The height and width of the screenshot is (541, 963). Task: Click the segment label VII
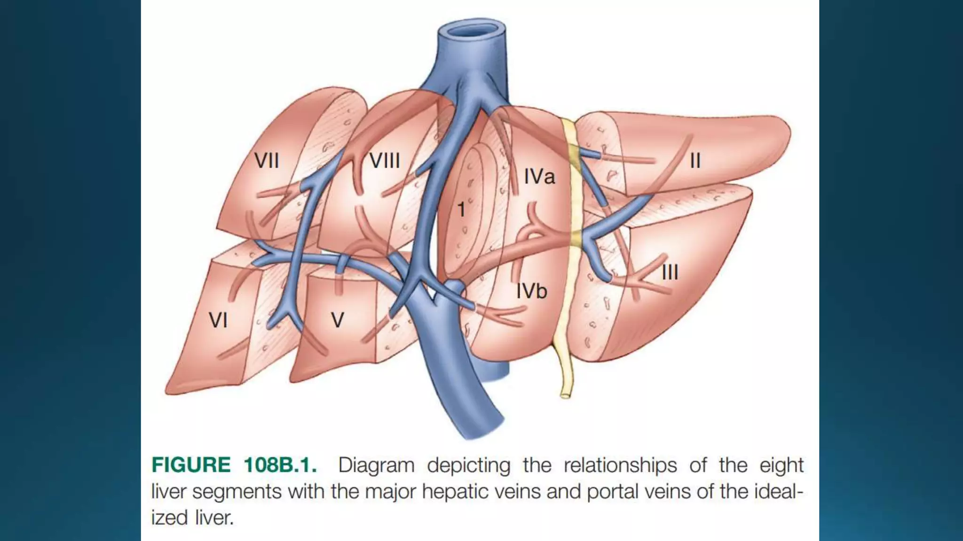click(267, 161)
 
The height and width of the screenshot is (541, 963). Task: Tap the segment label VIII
click(385, 161)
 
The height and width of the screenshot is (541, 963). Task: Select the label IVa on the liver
click(539, 177)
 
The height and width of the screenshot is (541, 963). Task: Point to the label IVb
click(532, 292)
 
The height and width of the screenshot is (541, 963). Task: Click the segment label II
click(695, 161)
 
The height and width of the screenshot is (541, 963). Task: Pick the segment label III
click(670, 272)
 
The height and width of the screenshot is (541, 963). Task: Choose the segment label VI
click(218, 321)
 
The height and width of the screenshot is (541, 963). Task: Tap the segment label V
click(338, 321)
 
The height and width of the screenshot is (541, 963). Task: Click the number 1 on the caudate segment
click(461, 210)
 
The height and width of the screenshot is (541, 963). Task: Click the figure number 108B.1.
click(280, 465)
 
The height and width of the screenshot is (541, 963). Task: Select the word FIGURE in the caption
click(191, 465)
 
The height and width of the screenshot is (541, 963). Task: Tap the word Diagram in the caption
click(376, 465)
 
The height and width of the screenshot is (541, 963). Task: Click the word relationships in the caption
click(620, 465)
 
